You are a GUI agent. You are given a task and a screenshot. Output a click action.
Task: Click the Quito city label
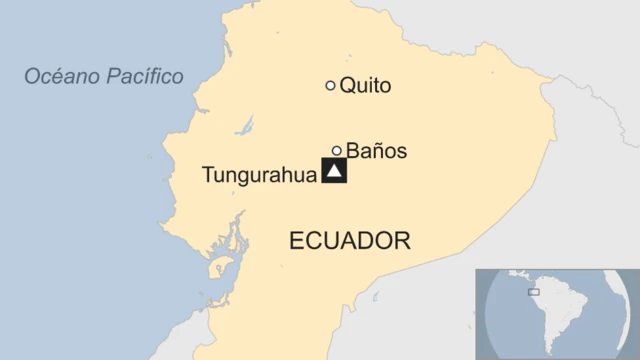[365, 86]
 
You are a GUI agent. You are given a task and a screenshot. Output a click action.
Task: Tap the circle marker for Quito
[330, 86]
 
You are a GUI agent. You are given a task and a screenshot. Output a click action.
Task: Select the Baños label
[376, 152]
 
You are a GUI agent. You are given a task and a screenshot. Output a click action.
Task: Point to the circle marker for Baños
[337, 151]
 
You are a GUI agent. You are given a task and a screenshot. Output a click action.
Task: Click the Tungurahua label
[258, 175]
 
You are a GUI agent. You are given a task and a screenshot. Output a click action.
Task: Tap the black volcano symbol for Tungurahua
[334, 172]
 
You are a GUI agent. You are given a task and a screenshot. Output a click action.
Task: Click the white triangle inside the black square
[334, 173]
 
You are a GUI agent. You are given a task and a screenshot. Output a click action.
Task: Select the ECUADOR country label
[349, 241]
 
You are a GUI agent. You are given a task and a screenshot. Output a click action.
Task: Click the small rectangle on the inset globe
[534, 292]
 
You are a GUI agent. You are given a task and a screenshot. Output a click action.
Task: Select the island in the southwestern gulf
[217, 268]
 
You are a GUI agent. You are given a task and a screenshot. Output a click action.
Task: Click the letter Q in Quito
[347, 86]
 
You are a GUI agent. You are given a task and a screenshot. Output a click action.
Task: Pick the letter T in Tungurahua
[207, 175]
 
